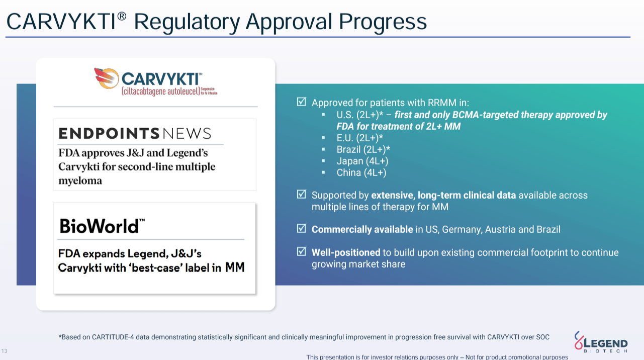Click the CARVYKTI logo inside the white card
155,81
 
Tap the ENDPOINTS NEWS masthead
135,134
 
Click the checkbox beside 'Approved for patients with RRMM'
302,102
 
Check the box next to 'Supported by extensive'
302,195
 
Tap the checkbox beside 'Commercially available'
302,229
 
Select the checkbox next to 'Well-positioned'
302,252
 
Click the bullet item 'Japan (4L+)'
362,161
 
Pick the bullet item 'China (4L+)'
361,172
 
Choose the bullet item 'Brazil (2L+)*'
363,149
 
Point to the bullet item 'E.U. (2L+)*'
360,138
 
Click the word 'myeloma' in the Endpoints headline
80,181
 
